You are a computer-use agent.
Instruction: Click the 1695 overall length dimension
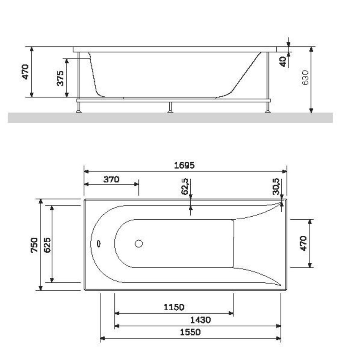tap(184, 165)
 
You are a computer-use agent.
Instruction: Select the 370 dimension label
tap(111, 180)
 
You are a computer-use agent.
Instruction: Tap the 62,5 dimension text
tap(185, 186)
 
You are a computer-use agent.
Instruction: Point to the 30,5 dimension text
tap(276, 186)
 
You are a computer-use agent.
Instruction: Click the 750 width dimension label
tap(34, 245)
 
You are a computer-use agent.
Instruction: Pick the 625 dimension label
tap(47, 245)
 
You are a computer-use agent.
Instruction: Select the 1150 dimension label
tap(174, 307)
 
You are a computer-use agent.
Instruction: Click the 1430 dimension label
tap(201, 320)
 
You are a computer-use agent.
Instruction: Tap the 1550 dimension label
tap(190, 332)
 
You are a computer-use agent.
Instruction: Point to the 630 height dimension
tap(305, 78)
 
